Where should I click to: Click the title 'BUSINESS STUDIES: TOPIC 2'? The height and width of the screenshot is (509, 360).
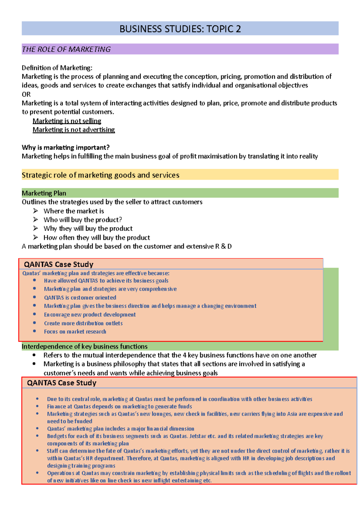point(180,29)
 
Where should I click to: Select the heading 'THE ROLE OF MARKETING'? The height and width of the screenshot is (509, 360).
point(66,49)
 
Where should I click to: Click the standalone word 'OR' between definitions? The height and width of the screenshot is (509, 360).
point(26,94)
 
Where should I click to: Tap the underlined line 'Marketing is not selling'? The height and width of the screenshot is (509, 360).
point(67,121)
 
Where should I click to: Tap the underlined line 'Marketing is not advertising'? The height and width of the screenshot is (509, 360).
point(74,129)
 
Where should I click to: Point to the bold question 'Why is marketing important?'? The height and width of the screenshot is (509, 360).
point(65,147)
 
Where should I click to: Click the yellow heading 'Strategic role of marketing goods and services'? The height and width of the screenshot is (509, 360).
point(100,175)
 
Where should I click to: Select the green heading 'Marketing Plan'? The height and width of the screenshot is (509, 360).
point(44,193)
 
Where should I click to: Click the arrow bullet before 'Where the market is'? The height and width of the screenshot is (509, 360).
point(36,211)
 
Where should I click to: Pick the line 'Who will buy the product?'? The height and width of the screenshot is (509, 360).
point(82,220)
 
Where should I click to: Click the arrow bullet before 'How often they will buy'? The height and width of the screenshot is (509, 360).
point(36,237)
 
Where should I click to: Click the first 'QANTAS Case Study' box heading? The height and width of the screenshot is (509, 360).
point(58,264)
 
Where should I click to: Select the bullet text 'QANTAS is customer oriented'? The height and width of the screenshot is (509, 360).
point(80,298)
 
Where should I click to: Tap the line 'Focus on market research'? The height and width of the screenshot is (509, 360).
point(75,332)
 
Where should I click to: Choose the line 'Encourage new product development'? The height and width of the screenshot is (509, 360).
point(90,314)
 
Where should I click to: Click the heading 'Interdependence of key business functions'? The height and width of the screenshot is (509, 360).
point(85,347)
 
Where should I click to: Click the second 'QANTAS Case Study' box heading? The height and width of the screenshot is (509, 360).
point(61,383)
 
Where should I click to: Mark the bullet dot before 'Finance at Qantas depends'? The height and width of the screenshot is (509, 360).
point(37,406)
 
